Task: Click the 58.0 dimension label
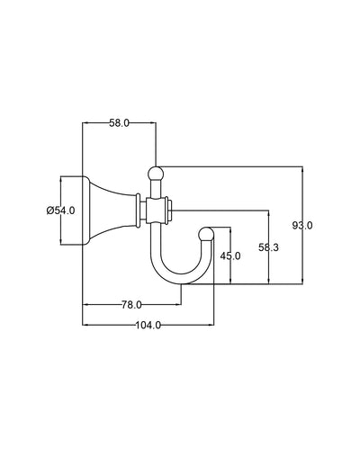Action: [120, 121]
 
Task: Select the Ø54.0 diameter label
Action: [60, 210]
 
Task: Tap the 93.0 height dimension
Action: [303, 226]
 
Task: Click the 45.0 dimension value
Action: [231, 256]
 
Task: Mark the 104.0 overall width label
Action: [147, 326]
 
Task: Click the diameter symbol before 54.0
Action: [49, 210]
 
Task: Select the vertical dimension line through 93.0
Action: [303, 193]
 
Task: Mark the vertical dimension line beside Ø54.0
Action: [61, 229]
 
